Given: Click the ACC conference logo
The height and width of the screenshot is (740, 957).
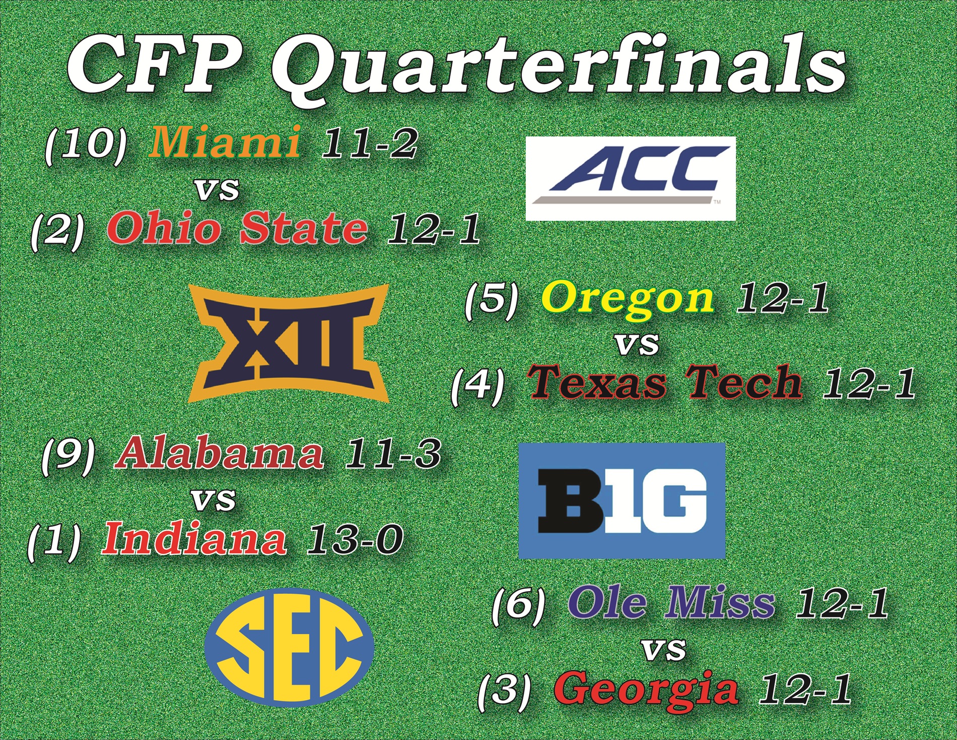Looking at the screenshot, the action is tap(631, 178).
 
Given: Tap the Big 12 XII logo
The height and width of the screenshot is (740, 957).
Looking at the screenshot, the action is tap(288, 343).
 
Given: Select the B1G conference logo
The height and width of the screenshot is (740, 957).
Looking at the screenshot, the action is tap(622, 501).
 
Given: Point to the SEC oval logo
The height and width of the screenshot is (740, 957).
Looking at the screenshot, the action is tap(290, 648).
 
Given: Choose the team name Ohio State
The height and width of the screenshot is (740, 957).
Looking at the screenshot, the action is tap(237, 228).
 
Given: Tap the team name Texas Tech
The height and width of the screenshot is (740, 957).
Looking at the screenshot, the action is tap(665, 382).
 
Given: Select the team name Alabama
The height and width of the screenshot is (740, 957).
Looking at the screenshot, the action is tap(220, 454).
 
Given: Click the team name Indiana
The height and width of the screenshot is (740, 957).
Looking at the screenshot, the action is tap(194, 539).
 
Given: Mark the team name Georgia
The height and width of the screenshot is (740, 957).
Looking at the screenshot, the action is tap(646, 689).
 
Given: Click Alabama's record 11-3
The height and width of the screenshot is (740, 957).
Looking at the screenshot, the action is tap(392, 454).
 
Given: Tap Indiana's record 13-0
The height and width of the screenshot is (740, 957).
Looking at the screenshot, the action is tap(355, 539).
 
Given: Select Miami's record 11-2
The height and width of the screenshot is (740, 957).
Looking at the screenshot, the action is tap(369, 143).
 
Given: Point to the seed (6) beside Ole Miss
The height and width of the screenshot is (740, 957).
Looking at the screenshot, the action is tap(518, 604).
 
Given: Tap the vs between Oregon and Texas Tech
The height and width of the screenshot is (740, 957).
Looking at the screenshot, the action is tap(637, 344).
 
